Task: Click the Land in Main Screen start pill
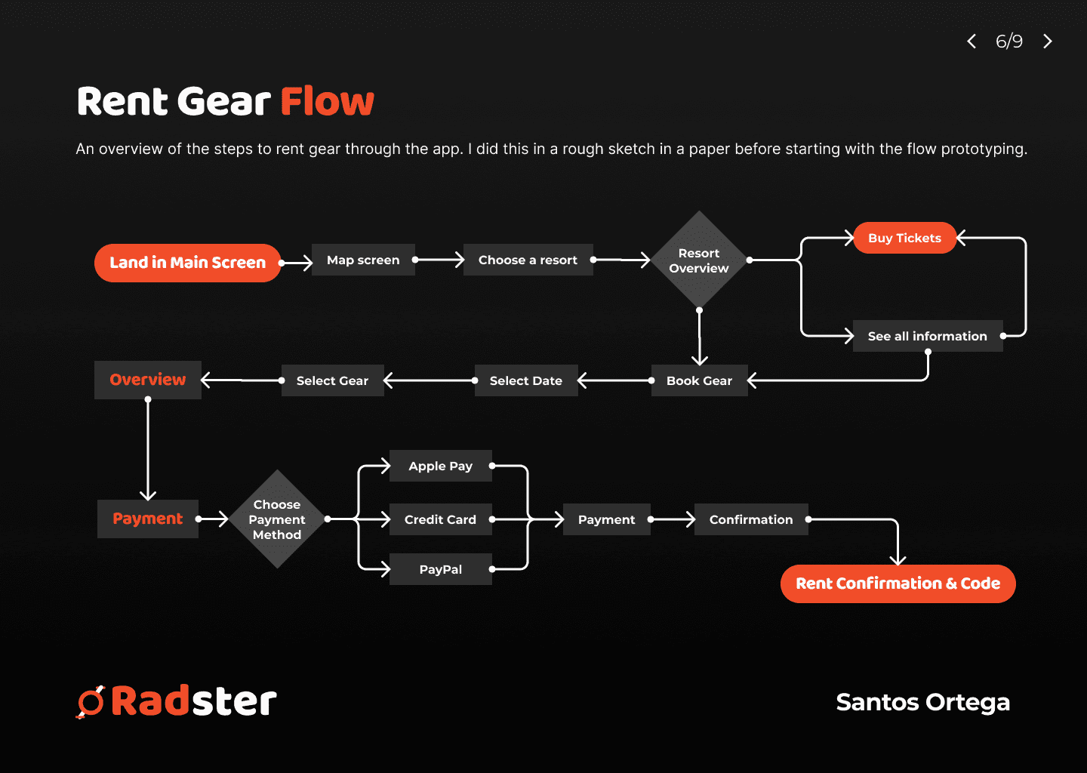tap(187, 263)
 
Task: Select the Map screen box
tap(363, 260)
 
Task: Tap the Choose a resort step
tap(528, 260)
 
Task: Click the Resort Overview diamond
tap(699, 260)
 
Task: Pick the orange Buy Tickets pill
tap(904, 238)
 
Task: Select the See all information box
tap(927, 336)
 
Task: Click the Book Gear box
tap(699, 380)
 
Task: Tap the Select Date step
tap(526, 380)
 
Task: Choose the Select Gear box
tap(332, 380)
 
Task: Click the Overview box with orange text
tap(147, 380)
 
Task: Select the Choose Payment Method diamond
tap(277, 519)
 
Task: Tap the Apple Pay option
tap(441, 466)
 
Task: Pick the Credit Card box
tap(441, 519)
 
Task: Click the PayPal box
tap(441, 569)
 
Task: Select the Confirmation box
tap(751, 519)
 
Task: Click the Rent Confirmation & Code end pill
tap(898, 584)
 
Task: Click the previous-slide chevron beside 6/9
tap(972, 42)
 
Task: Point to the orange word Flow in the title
tap(328, 101)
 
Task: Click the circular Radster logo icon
tap(91, 702)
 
